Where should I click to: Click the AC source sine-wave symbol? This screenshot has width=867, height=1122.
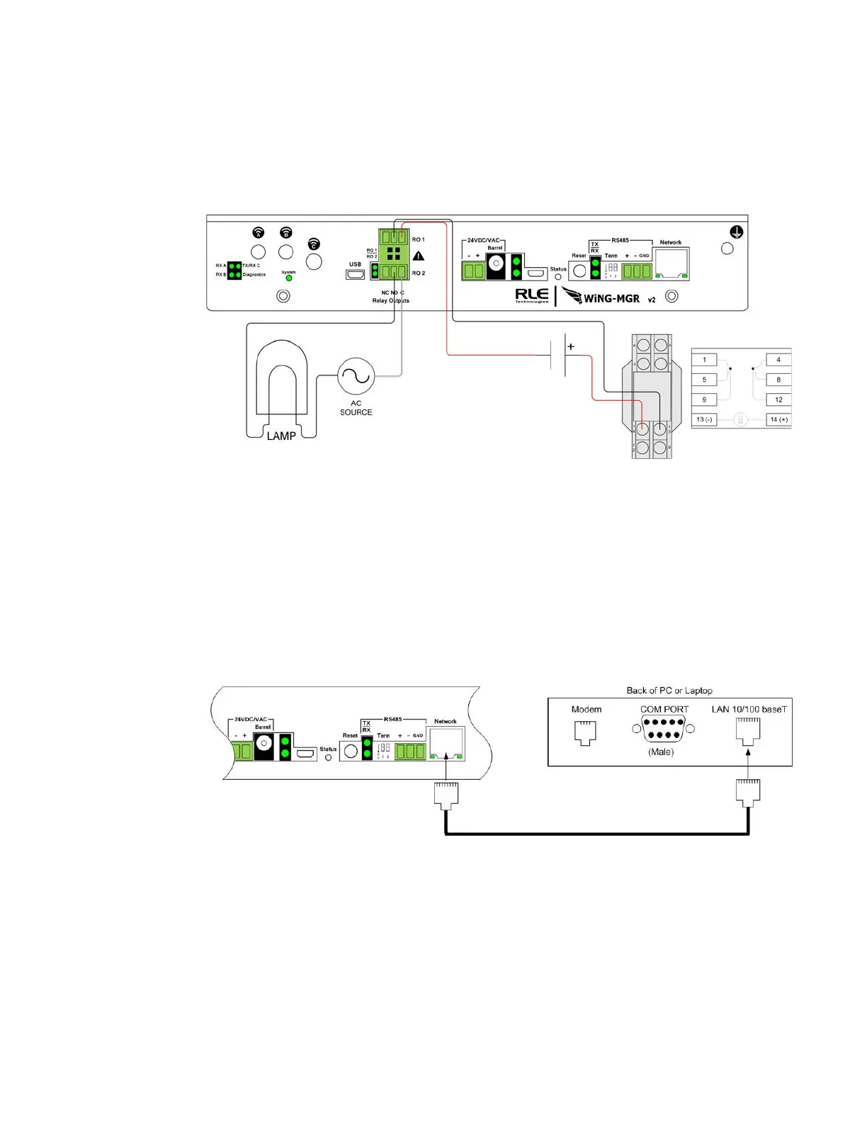356,376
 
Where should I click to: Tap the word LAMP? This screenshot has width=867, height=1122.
281,436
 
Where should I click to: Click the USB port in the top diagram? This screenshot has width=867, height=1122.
356,274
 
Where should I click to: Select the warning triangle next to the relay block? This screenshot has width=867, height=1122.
419,256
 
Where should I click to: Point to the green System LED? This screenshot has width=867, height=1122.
288,278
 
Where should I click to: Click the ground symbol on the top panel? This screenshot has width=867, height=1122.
737,232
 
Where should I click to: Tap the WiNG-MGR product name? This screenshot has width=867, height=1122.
611,298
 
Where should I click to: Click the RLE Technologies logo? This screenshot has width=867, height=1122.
531,295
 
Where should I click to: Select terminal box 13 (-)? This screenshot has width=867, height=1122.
704,419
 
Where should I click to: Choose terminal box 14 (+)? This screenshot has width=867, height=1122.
778,419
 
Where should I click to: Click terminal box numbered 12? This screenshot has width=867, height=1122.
778,399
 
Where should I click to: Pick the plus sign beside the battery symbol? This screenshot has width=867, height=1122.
571,347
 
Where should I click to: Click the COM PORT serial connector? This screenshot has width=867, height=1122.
664,728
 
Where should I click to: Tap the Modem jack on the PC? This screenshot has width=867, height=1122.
585,732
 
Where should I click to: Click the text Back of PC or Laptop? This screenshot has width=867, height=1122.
669,691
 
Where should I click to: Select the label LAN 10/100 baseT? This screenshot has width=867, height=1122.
749,709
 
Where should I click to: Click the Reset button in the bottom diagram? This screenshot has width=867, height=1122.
351,752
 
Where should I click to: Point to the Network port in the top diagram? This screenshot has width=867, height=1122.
671,263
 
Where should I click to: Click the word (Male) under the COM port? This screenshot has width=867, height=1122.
661,752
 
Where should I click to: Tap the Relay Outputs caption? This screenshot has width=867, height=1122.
391,300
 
